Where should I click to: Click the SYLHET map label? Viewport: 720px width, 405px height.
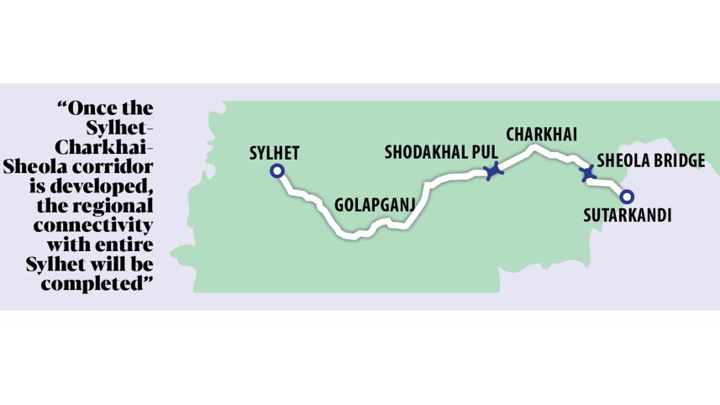[275, 153]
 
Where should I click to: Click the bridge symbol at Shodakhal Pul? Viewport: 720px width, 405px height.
[494, 171]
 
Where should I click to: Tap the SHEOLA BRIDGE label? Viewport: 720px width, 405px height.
[650, 160]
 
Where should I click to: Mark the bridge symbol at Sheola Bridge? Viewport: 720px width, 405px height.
[588, 173]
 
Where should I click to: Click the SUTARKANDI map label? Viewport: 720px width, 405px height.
[627, 215]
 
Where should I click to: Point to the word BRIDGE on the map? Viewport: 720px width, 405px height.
[675, 160]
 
